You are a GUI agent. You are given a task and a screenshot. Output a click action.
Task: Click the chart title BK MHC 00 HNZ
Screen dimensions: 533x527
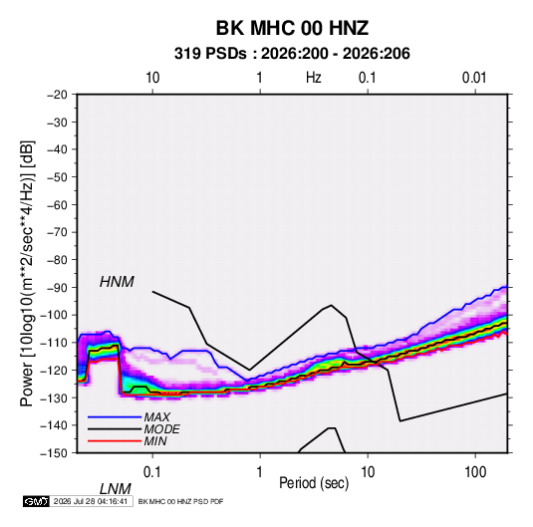point(292,28)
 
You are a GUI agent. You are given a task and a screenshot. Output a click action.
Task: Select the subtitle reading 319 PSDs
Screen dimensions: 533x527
point(210,54)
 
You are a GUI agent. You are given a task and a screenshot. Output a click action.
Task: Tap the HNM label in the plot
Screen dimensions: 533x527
point(117,282)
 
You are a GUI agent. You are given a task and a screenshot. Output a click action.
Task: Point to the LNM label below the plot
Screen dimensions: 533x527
point(116,489)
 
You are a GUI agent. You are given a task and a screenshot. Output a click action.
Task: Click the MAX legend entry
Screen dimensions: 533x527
point(156,416)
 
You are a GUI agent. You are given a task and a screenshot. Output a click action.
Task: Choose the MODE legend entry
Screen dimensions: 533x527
point(161,429)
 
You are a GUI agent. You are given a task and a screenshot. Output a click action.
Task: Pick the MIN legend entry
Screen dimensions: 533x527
point(155,441)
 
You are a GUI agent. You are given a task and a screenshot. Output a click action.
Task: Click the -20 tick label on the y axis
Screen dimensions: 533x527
point(57,95)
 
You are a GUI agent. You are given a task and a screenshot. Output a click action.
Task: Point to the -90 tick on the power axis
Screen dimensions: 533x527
point(57,287)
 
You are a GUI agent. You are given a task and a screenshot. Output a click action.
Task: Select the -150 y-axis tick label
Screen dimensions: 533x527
point(54,453)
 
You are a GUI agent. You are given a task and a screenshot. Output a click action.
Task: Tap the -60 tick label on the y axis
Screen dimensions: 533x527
point(57,204)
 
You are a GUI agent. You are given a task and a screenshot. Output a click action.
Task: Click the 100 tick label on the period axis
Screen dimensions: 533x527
point(475,472)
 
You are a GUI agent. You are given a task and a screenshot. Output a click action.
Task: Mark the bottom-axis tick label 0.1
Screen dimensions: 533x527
point(152,472)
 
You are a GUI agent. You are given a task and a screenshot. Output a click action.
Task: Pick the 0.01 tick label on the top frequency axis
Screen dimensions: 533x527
point(474,78)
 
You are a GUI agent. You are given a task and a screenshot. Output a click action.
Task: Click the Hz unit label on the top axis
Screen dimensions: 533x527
point(314,78)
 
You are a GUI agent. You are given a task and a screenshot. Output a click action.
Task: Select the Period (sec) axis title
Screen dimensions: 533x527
point(314,483)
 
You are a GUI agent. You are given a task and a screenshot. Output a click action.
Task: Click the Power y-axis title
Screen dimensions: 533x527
point(27,274)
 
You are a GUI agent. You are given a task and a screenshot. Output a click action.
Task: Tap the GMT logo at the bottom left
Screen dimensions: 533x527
point(37,501)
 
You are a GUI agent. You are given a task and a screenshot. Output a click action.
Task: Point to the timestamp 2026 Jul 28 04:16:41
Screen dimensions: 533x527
point(91,501)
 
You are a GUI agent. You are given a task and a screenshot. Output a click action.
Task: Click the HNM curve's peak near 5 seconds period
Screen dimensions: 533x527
point(332,305)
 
